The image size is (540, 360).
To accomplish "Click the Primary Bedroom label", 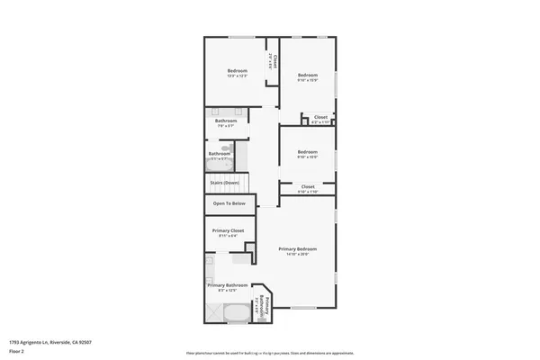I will (297, 248).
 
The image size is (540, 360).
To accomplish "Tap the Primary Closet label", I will (228, 231).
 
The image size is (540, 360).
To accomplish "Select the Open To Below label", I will (229, 203).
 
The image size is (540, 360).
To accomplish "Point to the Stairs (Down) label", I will (225, 183).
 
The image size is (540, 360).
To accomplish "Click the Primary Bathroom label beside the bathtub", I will (228, 285).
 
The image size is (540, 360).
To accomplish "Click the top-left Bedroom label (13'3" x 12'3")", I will (237, 71).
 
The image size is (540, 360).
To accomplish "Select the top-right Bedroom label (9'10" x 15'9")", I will (309, 75).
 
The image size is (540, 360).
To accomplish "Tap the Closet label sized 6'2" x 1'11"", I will (319, 118).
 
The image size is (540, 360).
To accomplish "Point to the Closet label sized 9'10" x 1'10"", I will (308, 187).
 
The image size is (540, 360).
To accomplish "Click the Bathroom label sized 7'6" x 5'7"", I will (226, 121).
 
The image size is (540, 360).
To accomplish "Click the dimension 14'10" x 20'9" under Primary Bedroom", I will (297, 255).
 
